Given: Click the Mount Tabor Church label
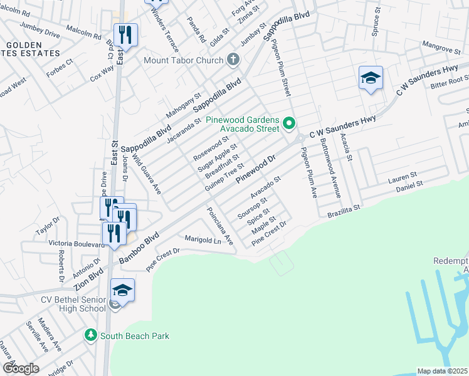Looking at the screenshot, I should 184,61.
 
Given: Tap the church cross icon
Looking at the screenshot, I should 233,60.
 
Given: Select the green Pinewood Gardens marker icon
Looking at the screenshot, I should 289,123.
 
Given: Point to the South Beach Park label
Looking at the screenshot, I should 134,337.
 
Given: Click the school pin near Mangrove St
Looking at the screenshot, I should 371,79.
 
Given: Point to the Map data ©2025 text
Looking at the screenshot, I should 442,371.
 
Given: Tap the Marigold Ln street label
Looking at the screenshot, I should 204,239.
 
